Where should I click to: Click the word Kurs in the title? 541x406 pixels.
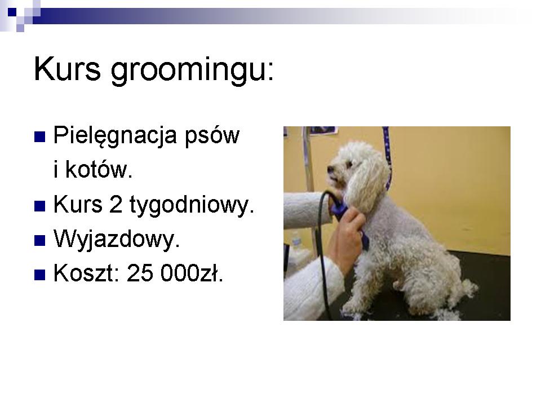tap(68, 69)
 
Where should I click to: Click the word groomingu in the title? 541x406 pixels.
tap(192, 72)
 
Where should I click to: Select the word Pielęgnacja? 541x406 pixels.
tap(115, 136)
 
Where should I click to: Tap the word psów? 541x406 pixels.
tap(212, 136)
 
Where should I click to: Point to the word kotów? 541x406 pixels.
tap(99, 169)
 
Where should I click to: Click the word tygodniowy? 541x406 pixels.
tap(192, 205)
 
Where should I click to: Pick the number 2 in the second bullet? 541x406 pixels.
tap(116, 204)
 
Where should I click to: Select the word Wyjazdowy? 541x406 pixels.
tap(117, 240)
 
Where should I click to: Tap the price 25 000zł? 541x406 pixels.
tap(175, 273)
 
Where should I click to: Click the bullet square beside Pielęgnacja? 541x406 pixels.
tap(40, 136)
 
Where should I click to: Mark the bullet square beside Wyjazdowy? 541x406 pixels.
tap(40, 240)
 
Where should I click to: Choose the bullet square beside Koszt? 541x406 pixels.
tap(40, 275)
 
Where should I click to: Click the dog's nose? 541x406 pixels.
tap(330, 169)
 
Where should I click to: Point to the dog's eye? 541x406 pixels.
tap(349, 164)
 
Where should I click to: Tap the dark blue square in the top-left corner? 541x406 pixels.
tap(12, 12)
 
